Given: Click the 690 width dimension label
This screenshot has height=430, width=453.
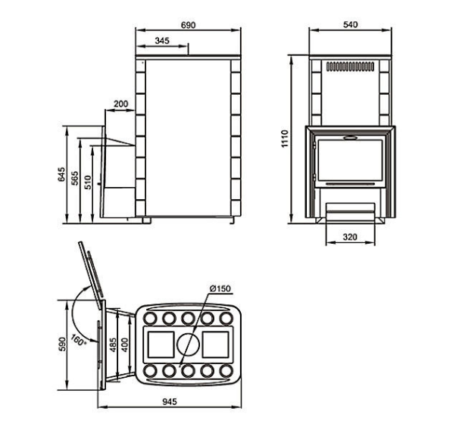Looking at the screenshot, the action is [x=188, y=25].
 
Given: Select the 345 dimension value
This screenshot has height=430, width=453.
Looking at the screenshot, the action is [x=162, y=41].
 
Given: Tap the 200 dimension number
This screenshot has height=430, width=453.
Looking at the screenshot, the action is [x=120, y=104].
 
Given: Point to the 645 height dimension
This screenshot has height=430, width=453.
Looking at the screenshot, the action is [x=61, y=174].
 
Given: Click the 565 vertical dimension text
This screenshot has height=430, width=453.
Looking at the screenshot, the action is [x=74, y=178].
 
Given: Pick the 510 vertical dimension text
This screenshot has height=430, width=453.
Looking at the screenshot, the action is [x=88, y=182].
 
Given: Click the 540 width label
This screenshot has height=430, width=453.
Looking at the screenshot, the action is [x=351, y=25].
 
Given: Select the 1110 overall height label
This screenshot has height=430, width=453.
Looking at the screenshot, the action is [x=285, y=139].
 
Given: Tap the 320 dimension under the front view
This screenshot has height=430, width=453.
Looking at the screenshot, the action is [x=350, y=237].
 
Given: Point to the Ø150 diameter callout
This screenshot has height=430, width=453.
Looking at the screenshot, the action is [x=220, y=288].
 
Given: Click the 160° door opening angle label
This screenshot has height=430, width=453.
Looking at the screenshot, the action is [x=79, y=340].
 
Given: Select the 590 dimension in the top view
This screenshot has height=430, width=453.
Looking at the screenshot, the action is [x=62, y=344].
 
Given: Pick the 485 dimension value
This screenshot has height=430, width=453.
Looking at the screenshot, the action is [x=114, y=344].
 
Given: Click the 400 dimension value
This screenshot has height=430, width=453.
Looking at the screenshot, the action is [x=124, y=344].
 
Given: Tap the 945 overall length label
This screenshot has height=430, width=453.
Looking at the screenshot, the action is [x=170, y=402].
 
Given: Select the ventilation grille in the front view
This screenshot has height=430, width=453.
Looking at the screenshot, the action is [x=350, y=67].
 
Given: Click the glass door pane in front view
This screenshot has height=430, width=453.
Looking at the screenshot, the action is [x=350, y=160].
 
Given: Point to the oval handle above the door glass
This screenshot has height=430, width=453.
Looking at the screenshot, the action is [x=350, y=138].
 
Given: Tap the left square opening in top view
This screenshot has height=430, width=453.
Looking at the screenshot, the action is [x=161, y=344].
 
